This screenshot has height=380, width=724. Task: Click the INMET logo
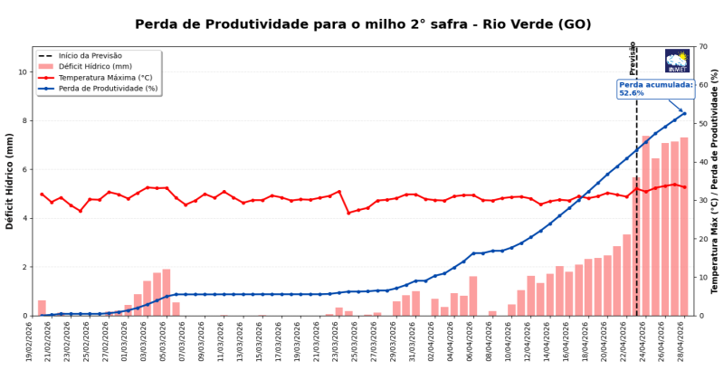click(x=677, y=61)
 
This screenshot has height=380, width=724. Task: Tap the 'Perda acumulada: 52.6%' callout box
click(x=656, y=89)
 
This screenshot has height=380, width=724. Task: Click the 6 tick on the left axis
click(x=25, y=170)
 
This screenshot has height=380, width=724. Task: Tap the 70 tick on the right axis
click(x=701, y=47)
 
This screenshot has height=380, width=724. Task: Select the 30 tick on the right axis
click(x=701, y=201)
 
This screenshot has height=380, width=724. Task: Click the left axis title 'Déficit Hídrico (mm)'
click(x=10, y=181)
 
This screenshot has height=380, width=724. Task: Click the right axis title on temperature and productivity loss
click(x=715, y=181)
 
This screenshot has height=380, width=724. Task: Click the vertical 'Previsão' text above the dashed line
click(x=633, y=58)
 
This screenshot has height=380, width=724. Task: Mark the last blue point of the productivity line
click(x=684, y=114)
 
